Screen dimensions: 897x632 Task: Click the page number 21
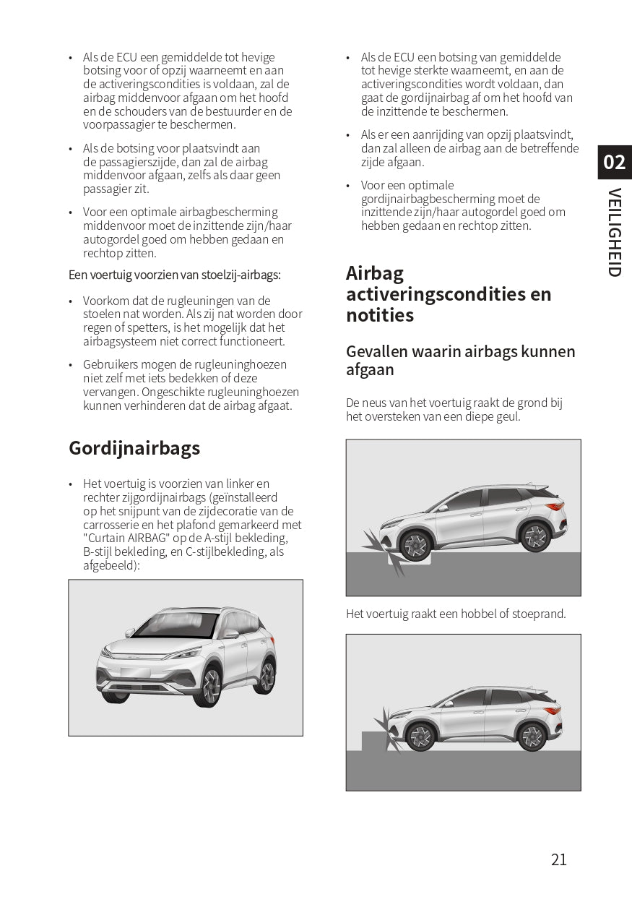point(558,859)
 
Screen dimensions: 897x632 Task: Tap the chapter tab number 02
point(614,162)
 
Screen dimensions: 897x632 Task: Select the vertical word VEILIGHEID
point(614,232)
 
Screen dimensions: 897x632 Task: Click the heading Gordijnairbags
point(134,448)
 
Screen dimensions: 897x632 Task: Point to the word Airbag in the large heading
point(375,273)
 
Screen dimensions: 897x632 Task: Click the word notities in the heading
point(380,315)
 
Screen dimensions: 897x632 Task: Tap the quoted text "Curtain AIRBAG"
point(126,538)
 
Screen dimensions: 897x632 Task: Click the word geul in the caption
point(506,417)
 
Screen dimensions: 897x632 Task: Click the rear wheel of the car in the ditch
point(535,537)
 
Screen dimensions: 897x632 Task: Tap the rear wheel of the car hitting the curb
point(532,736)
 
